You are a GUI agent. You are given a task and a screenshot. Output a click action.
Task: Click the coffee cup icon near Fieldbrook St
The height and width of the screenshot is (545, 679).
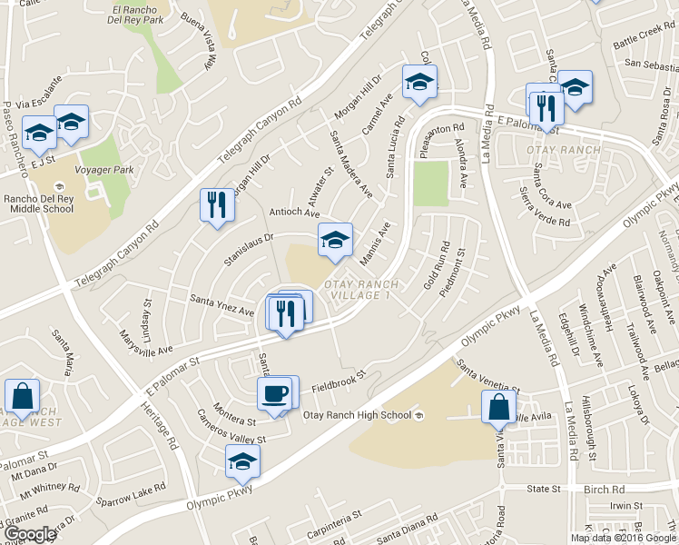click(274, 393)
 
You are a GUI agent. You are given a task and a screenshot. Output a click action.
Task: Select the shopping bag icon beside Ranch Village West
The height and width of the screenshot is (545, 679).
click(22, 397)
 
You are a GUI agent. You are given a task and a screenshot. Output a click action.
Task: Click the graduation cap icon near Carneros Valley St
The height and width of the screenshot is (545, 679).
click(242, 461)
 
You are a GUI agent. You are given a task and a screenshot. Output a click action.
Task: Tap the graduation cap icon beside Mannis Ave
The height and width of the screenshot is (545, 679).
click(335, 241)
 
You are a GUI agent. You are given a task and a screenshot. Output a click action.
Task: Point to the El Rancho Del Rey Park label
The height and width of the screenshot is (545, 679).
click(138, 15)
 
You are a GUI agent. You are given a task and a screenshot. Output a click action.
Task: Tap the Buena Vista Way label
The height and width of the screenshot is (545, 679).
click(202, 41)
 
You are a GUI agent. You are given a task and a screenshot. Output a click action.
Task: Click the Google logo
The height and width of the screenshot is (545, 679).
click(30, 535)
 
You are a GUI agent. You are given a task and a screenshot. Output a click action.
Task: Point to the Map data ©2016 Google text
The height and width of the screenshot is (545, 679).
click(622, 538)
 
